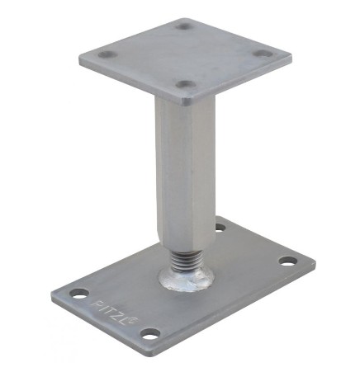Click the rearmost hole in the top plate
tap(185, 26)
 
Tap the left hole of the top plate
tap(107, 54)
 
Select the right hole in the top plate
tap(263, 54)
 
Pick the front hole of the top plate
tap(186, 84)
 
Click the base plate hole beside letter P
tap(79, 294)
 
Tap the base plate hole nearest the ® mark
tap(150, 333)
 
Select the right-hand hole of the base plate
tap(288, 261)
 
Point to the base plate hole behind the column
tap(220, 228)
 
